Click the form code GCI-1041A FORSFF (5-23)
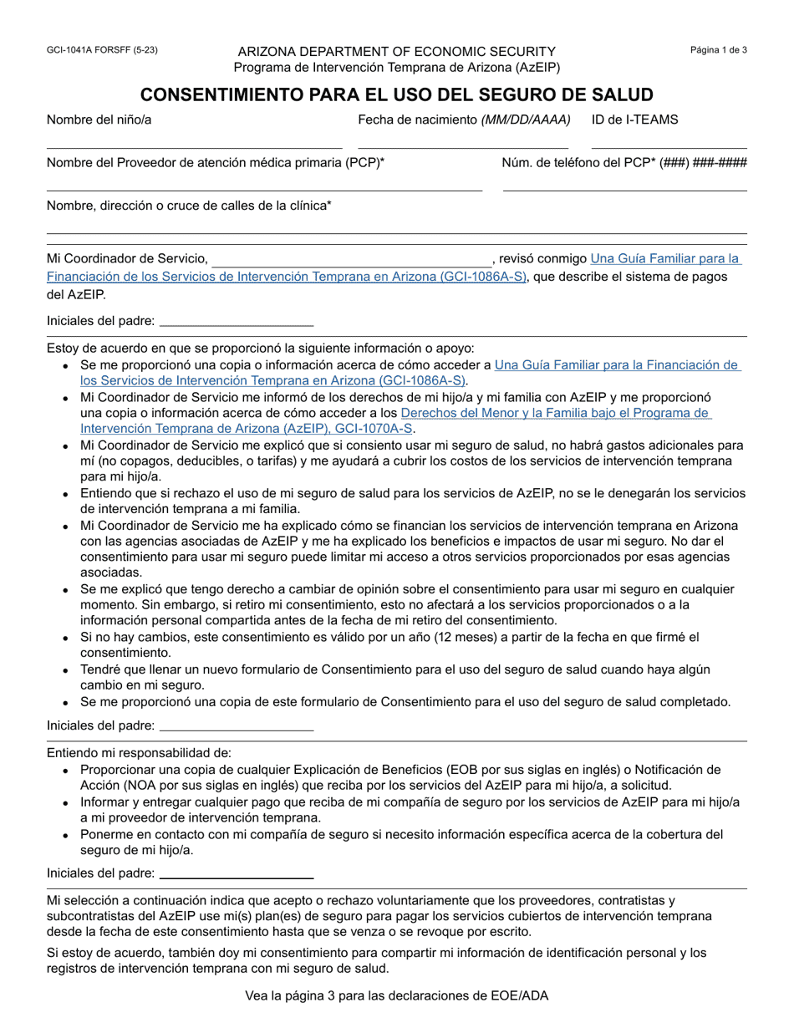coord(102,50)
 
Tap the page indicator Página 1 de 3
coord(718,50)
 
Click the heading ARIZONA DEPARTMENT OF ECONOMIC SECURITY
coord(396,52)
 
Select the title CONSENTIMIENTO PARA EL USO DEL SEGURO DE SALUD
coord(396,94)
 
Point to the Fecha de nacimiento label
coord(464,120)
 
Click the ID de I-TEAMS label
coord(634,120)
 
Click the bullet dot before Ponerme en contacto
coord(65,835)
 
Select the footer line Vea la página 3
coord(396,995)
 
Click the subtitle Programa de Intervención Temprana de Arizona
coord(396,68)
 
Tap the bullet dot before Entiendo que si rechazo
coord(65,494)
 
